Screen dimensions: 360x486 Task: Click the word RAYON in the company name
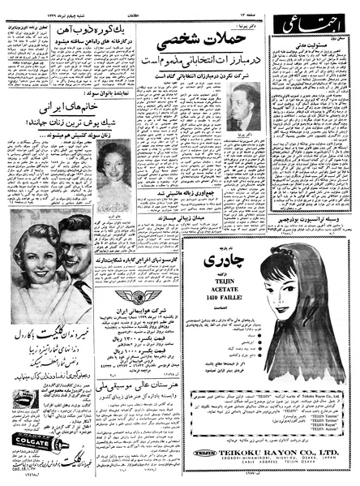[x=279, y=453]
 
